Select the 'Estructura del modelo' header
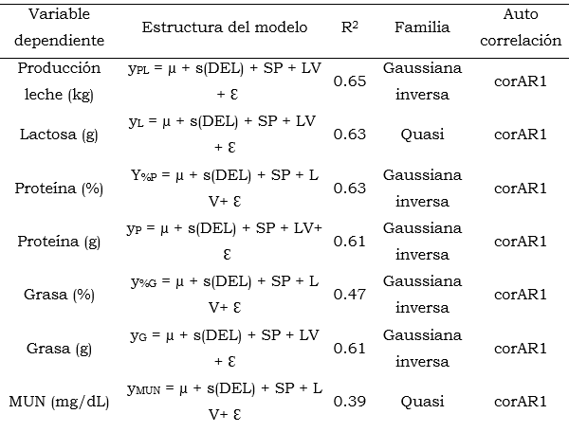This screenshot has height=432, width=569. click(x=224, y=27)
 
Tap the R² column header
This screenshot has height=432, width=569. click(x=350, y=27)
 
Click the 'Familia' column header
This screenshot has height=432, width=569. click(x=422, y=27)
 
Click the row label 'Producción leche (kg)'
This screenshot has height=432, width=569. click(x=59, y=81)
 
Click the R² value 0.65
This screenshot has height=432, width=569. click(x=350, y=81)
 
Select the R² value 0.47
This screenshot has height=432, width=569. click(x=350, y=295)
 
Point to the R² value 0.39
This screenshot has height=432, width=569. click(x=350, y=402)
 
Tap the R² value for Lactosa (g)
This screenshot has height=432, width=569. click(x=350, y=135)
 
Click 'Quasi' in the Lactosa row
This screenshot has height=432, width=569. click(x=422, y=135)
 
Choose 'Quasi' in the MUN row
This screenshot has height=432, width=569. click(x=422, y=402)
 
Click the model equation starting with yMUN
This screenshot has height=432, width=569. click(x=224, y=402)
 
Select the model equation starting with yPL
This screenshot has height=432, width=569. click(x=224, y=81)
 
